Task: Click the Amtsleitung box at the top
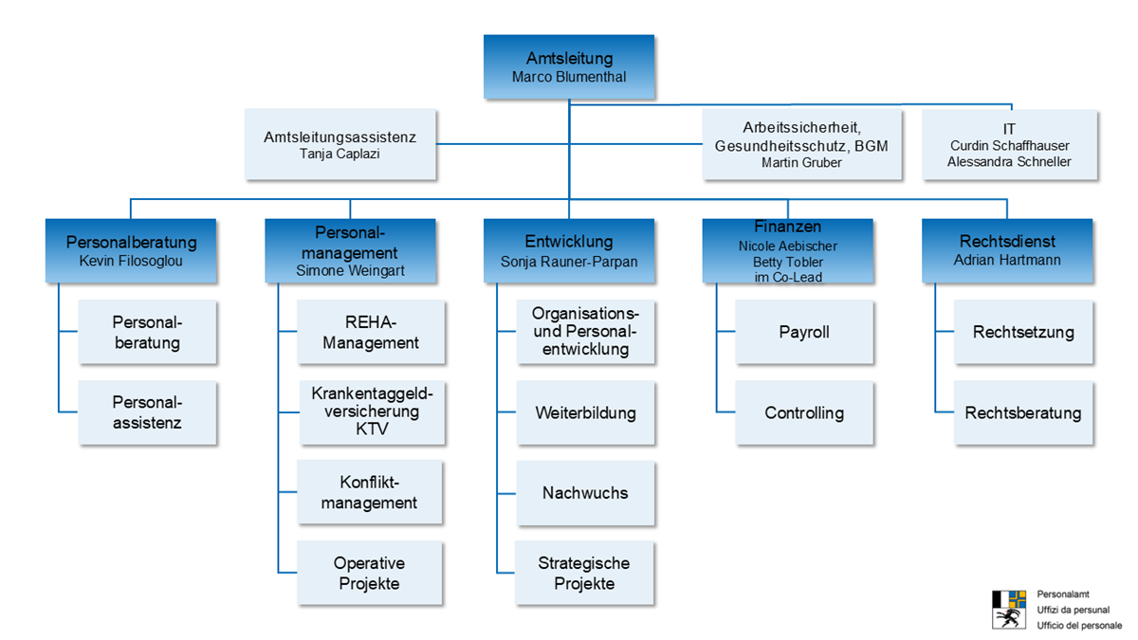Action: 568,66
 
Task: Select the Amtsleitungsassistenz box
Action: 340,144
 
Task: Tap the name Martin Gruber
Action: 801,162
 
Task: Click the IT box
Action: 1009,144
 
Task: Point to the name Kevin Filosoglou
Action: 131,260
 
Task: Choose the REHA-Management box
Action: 370,333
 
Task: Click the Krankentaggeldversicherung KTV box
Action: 371,411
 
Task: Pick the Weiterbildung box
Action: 585,412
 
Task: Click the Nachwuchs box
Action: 585,493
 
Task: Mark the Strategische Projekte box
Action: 584,573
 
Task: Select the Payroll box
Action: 803,332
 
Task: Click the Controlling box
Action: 803,412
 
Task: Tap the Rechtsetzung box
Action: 1022,332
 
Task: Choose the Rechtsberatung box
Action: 1022,412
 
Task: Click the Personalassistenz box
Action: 147,412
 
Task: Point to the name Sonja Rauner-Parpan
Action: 569,261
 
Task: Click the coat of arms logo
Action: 1009,609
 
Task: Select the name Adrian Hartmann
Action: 1007,260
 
